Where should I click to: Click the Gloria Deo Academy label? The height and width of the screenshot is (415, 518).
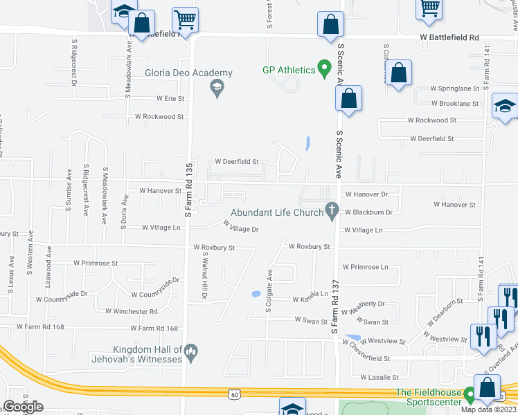coord(188,73)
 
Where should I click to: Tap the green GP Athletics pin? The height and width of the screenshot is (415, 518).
coord(323,68)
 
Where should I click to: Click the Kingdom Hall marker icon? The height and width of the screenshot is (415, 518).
coord(193,352)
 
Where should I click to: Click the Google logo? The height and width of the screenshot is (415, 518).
coord(23,407)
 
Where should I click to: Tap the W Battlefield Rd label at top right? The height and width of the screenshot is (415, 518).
coord(449,37)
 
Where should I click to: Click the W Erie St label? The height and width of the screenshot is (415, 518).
coord(170,99)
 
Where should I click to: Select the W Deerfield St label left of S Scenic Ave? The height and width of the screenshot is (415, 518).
coord(236,162)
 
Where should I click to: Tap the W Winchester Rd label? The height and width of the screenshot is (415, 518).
coord(132,311)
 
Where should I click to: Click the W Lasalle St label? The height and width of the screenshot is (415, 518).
coord(379,377)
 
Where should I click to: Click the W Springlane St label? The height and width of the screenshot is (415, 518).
coord(454,89)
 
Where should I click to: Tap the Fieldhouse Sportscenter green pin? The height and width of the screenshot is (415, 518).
coord(470,394)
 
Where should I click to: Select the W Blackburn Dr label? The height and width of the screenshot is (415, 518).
coord(368,212)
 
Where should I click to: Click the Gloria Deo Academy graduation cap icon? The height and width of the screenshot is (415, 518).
coord(217,88)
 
